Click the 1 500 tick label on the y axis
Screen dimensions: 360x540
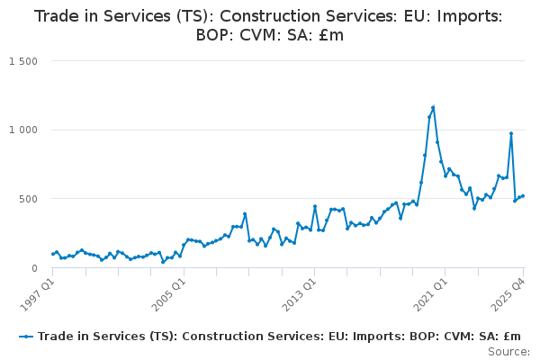click(x=23, y=61)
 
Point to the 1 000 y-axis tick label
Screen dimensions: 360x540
click(x=23, y=130)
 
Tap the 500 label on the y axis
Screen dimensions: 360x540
click(x=28, y=199)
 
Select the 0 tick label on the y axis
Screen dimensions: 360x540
click(x=33, y=268)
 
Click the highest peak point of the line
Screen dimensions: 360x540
click(x=433, y=107)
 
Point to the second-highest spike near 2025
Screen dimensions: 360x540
click(x=511, y=133)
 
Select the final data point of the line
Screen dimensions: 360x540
click(x=523, y=195)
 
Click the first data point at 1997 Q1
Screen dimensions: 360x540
click(x=52, y=254)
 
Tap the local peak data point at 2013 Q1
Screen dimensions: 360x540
click(x=315, y=206)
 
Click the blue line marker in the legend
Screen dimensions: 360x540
click(x=26, y=336)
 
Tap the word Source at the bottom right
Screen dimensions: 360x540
click(x=508, y=351)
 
